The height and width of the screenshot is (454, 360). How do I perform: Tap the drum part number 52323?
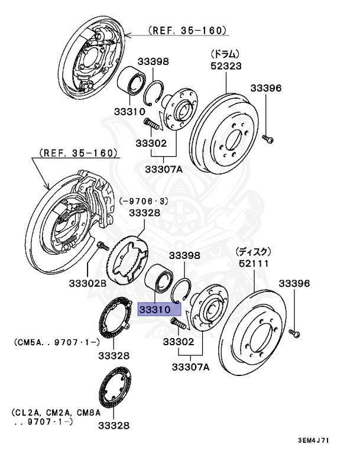click(x=226, y=66)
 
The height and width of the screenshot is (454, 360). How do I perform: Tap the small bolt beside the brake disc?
click(x=295, y=334)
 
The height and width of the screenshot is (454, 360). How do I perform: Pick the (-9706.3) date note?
click(x=145, y=200)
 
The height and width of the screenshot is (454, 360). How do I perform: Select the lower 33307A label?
click(x=190, y=367)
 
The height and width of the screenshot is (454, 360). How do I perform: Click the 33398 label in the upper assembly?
click(x=154, y=61)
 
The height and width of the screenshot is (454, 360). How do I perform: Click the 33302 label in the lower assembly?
click(x=178, y=342)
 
